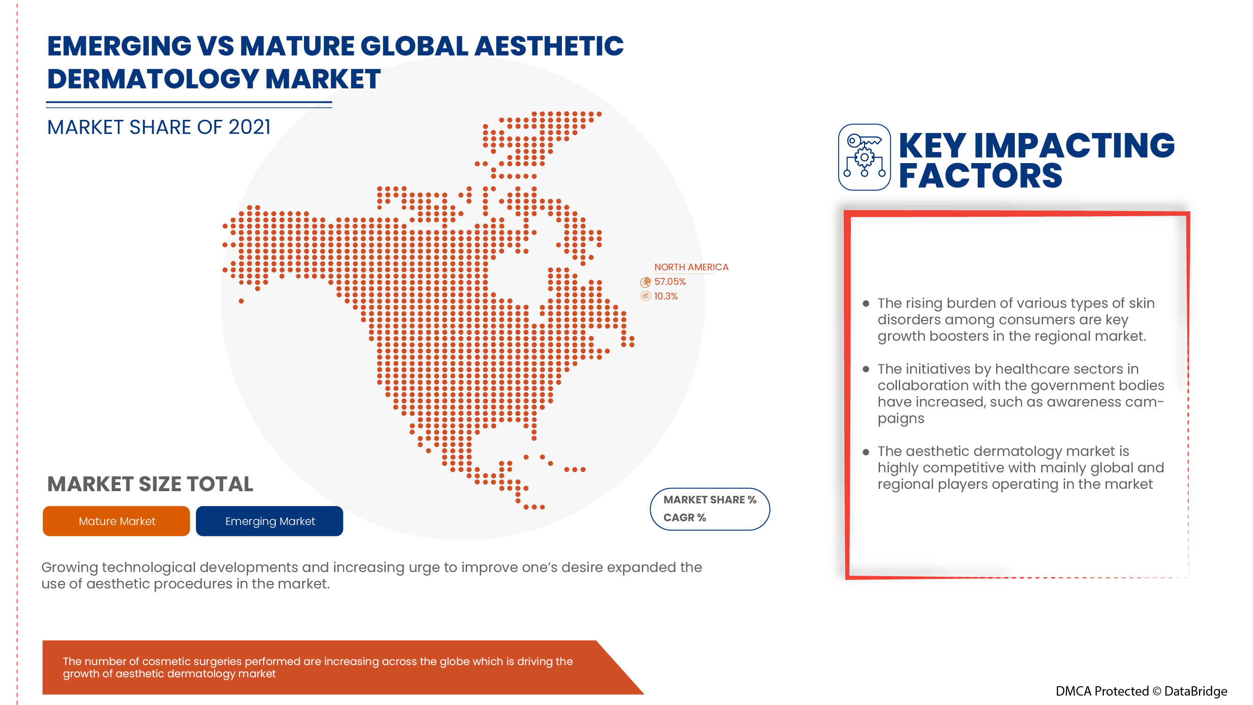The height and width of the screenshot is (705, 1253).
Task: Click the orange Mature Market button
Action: (116, 521)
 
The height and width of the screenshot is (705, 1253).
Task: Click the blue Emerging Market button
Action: (270, 521)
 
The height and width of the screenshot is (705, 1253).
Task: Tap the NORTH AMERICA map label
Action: (691, 267)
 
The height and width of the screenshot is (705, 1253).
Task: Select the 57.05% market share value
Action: (670, 282)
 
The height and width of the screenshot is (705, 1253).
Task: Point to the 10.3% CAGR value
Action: (665, 296)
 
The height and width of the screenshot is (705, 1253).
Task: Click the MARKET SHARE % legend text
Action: (709, 500)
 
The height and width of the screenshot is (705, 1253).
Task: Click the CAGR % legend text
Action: (684, 517)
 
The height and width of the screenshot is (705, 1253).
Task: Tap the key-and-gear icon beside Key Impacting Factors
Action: (864, 157)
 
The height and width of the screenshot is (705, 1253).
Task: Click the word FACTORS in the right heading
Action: (980, 176)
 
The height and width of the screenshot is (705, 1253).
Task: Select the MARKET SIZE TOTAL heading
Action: (150, 484)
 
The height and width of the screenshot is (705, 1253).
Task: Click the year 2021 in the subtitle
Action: (249, 127)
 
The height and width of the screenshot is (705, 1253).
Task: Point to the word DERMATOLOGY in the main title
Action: (153, 79)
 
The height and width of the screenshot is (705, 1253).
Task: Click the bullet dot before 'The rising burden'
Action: (865, 304)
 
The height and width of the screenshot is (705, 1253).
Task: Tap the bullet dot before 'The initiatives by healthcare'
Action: (865, 369)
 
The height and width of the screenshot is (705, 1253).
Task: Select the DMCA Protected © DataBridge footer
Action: (1141, 691)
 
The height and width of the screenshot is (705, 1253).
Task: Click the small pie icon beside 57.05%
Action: (645, 282)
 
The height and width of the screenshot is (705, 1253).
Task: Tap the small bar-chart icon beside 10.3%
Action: (645, 296)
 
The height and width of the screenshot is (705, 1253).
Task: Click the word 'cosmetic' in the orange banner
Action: (163, 661)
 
